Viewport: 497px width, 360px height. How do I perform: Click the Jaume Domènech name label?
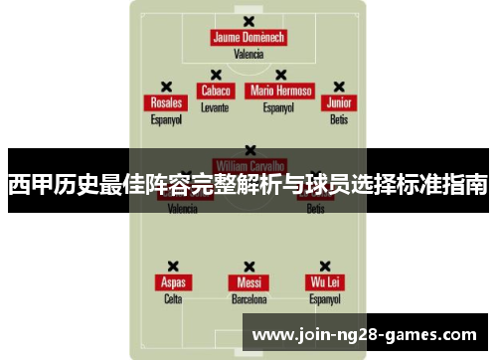click(x=248, y=38)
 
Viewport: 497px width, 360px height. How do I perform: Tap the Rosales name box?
click(x=166, y=102)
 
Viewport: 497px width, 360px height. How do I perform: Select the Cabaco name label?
click(x=215, y=90)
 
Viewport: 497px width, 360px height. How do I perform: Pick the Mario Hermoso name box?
click(x=281, y=90)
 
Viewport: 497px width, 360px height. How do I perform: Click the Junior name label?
click(x=339, y=102)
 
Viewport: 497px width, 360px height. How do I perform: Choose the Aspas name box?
click(x=173, y=282)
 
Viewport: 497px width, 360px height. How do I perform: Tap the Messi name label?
click(x=248, y=282)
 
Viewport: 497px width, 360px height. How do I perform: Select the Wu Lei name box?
click(x=325, y=282)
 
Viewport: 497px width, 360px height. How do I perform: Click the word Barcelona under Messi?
click(x=248, y=298)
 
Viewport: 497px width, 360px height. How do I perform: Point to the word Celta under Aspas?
click(x=173, y=298)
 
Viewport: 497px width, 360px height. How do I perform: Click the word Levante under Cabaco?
click(x=215, y=105)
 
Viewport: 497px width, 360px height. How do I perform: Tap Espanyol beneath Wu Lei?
click(x=325, y=298)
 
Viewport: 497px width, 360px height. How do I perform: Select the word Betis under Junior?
click(x=339, y=119)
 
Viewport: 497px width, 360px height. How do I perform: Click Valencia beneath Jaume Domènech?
click(x=248, y=54)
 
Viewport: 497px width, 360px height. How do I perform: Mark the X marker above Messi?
click(x=248, y=267)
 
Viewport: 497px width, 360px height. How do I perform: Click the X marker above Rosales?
click(x=166, y=87)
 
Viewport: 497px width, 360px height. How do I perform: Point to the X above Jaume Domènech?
click(x=248, y=21)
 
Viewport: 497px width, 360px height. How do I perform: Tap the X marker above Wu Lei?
click(x=325, y=267)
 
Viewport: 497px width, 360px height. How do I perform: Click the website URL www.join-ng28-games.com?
click(x=365, y=334)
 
